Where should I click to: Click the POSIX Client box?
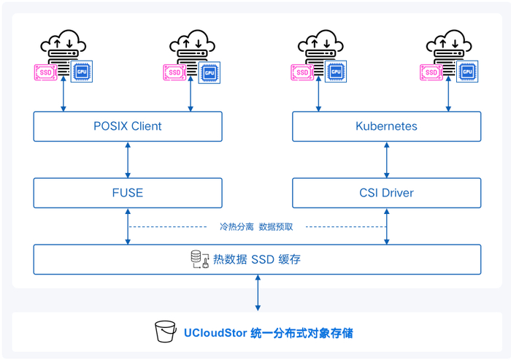[x=128, y=126]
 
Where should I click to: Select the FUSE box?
[x=128, y=193]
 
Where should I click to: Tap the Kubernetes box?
[x=386, y=126]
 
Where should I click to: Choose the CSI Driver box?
[x=386, y=193]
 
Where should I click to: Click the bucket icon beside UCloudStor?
[x=166, y=332]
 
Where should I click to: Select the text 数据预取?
[x=276, y=226]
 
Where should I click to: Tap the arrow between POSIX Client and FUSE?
[x=128, y=160]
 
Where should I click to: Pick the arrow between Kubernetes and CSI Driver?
[x=386, y=160]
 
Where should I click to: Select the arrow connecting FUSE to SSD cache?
[x=128, y=226]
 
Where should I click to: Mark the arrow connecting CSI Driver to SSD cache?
[x=386, y=226]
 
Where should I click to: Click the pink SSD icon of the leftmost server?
[x=46, y=72]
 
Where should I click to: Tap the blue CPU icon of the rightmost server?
[x=466, y=72]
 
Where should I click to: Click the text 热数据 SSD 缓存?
[x=256, y=259]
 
